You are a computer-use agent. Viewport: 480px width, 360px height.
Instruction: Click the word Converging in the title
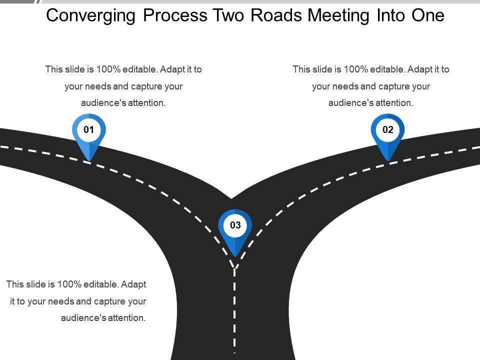[91, 16]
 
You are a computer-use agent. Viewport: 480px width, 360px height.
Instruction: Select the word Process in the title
[175, 16]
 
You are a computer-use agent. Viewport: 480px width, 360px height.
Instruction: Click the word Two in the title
[229, 16]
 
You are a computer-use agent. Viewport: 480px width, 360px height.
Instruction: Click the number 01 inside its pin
[89, 130]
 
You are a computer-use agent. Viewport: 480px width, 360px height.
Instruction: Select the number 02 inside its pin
[388, 130]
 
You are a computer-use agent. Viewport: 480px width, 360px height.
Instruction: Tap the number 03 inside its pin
[235, 225]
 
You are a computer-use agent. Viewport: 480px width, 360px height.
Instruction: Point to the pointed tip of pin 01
[89, 160]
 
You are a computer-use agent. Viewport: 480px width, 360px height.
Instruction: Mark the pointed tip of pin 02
[388, 160]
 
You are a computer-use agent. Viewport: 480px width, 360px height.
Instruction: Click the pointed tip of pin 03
[235, 256]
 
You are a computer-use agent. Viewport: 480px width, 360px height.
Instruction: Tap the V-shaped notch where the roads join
[231, 198]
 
